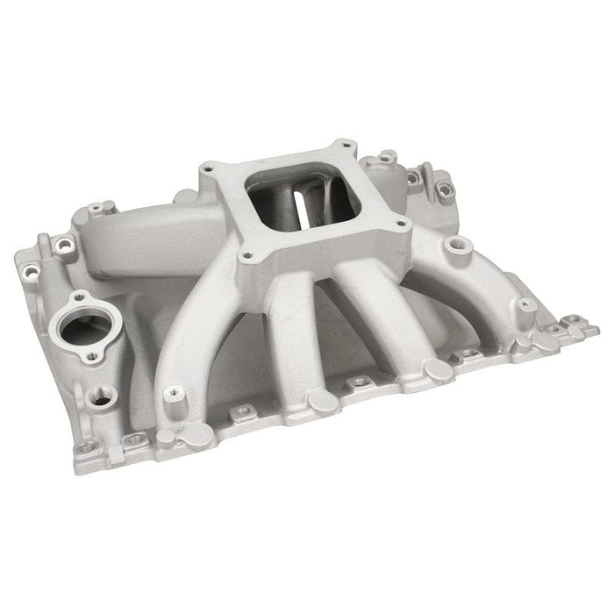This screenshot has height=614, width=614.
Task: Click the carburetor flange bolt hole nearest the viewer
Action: click(247, 258)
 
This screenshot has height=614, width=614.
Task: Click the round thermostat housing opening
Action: click(85, 330)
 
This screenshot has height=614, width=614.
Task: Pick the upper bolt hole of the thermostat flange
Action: click(79, 300)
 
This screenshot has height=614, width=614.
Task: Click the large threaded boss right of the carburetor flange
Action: click(454, 249)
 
